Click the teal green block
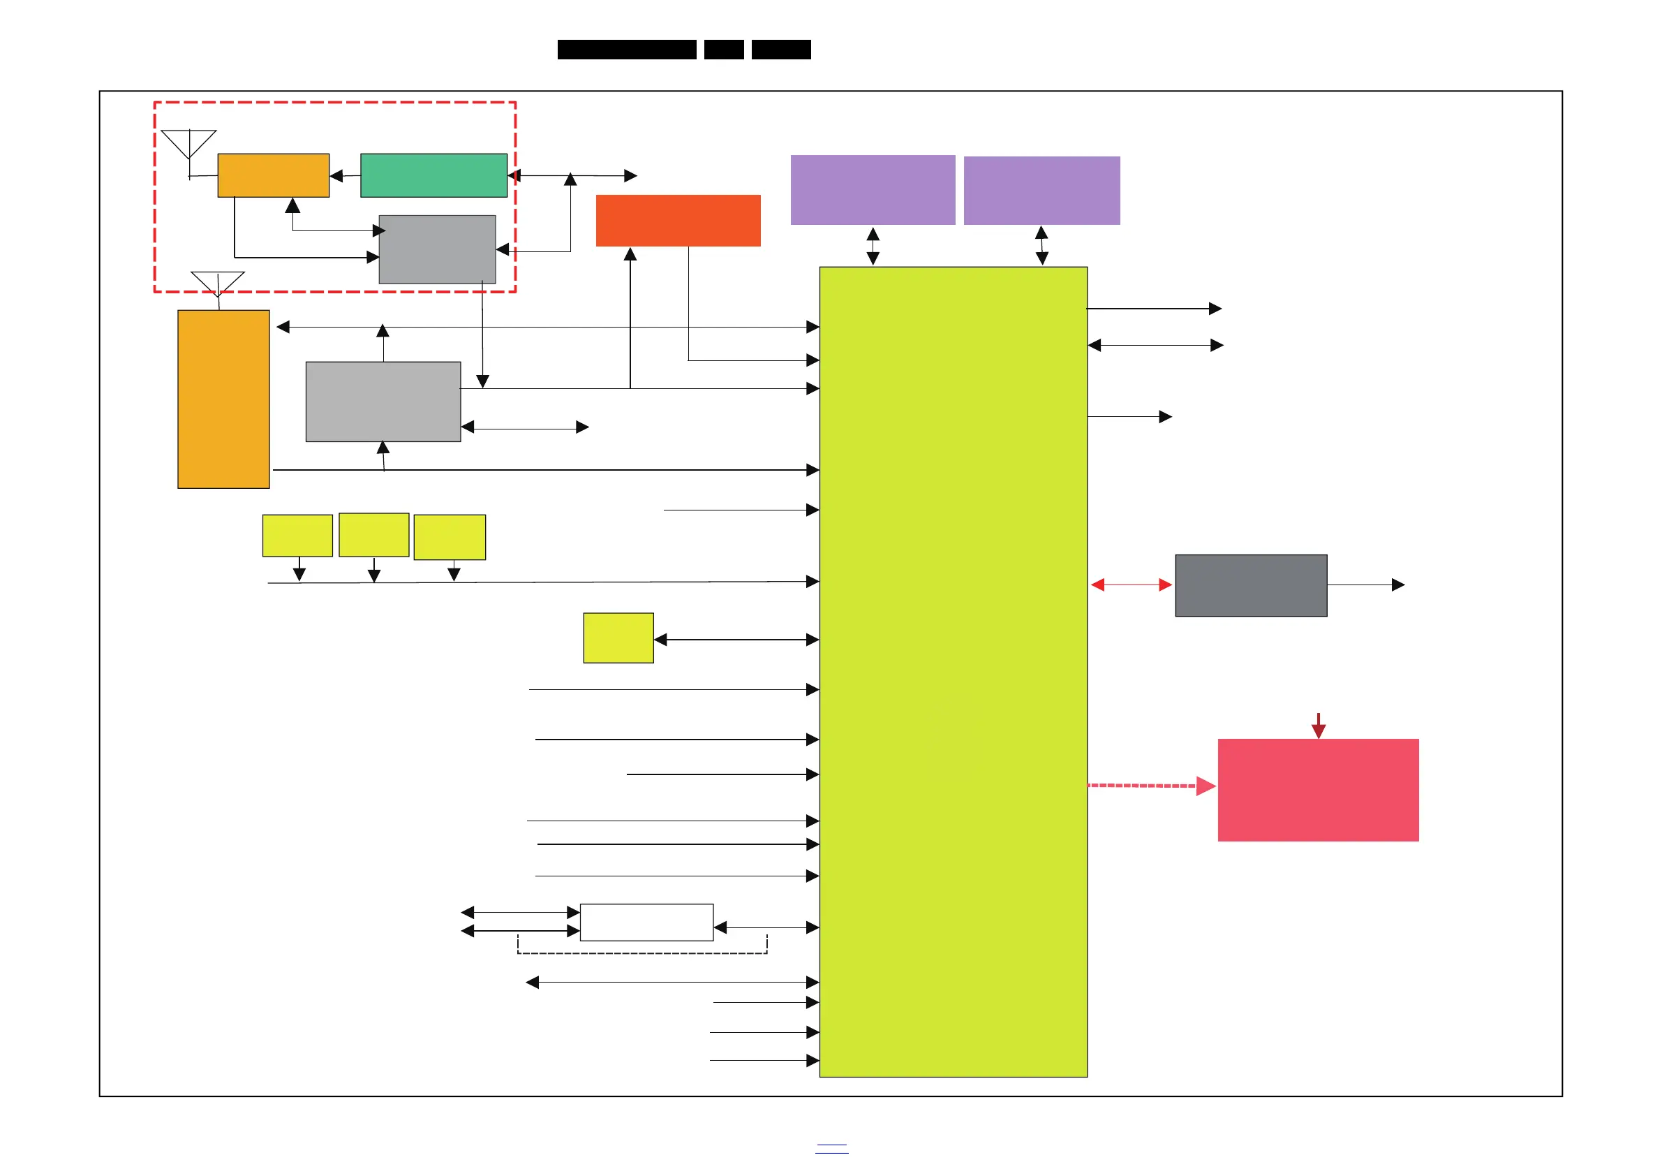point(433,175)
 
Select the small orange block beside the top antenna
point(273,175)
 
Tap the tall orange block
point(223,399)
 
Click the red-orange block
point(678,220)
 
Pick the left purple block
point(873,190)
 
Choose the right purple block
point(1041,191)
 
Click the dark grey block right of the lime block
point(1251,585)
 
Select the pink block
point(1317,789)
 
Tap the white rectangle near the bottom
point(646,922)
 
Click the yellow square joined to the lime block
point(618,638)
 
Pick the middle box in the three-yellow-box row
point(373,534)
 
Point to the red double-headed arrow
point(1131,585)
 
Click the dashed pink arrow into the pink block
point(1151,786)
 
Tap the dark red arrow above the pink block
point(1318,726)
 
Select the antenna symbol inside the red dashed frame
point(188,145)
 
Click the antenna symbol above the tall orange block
point(217,283)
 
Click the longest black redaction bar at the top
point(627,50)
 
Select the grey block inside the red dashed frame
point(437,249)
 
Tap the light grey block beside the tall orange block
point(383,401)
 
